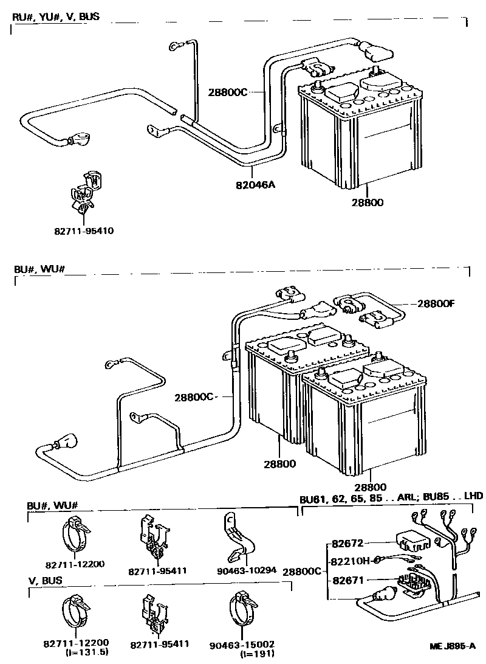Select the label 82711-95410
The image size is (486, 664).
83,231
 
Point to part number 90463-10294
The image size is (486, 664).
246,570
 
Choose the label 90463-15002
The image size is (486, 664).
248,643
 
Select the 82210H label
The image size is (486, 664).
351,561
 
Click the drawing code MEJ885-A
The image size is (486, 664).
452,646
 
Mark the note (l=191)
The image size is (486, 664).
253,653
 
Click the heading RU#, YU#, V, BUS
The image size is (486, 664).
55,16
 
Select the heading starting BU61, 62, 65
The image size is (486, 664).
391,497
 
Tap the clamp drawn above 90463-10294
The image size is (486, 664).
236,538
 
